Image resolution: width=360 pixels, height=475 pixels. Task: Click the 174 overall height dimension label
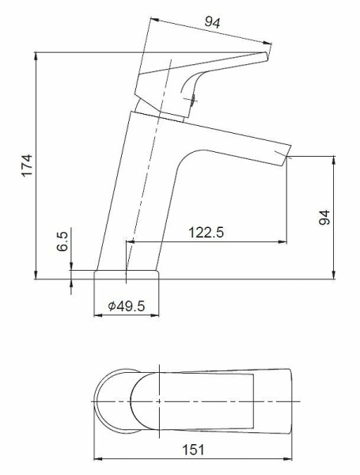point(27,165)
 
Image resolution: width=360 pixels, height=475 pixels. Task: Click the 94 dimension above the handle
point(213,22)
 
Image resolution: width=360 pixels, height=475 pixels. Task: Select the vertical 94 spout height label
point(324,217)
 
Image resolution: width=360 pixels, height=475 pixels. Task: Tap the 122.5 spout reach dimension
point(206,233)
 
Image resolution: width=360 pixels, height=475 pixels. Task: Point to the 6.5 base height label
point(63,241)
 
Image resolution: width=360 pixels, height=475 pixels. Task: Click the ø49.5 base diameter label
point(127,306)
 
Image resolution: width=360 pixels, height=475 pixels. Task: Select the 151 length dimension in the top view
point(193,449)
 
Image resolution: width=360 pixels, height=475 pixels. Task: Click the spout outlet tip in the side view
point(286,157)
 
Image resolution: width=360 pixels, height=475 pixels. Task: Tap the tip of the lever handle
point(267,56)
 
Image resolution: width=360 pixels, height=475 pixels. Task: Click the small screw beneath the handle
point(192,100)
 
